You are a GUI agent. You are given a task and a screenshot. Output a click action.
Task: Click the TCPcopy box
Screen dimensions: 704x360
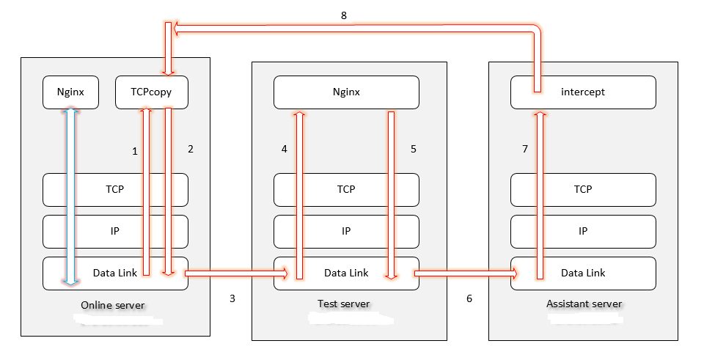tap(151, 92)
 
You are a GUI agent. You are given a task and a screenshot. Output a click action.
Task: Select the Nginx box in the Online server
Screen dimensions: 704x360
tap(70, 92)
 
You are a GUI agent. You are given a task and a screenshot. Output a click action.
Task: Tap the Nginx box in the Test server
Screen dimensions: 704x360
tap(346, 92)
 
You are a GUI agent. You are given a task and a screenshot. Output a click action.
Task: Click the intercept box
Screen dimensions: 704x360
tap(583, 92)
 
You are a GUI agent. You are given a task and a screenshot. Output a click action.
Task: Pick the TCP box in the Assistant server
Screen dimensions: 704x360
tap(583, 189)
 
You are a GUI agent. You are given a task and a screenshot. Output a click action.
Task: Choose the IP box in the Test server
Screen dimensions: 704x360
tap(346, 231)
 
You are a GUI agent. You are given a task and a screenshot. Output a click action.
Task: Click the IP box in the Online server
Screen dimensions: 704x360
tap(115, 231)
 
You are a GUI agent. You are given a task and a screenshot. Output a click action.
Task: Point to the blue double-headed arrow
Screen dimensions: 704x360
tap(70, 196)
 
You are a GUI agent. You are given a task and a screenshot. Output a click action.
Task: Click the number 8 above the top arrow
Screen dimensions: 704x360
tap(344, 15)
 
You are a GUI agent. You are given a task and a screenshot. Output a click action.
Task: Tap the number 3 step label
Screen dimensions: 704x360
tap(232, 298)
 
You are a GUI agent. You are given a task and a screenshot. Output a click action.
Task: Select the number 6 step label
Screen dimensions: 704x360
tap(469, 298)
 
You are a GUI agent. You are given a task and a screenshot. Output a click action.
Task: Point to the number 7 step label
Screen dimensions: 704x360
tap(525, 149)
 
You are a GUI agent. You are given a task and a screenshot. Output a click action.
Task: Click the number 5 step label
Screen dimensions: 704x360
tap(414, 149)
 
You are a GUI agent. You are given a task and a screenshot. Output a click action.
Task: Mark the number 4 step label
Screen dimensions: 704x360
tap(285, 149)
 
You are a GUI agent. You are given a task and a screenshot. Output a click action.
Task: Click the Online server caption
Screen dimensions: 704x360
tap(113, 305)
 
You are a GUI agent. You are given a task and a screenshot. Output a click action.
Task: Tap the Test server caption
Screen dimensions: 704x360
tap(344, 304)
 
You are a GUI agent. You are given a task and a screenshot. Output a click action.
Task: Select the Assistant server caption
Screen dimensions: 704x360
tap(584, 304)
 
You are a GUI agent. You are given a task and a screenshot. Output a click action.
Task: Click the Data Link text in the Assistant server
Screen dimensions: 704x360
tap(583, 273)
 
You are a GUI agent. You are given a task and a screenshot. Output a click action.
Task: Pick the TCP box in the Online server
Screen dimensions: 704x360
tap(115, 189)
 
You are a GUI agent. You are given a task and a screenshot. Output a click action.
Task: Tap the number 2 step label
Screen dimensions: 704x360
tap(191, 149)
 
